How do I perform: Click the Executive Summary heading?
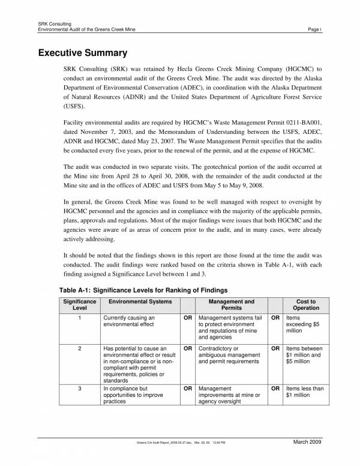click(x=83, y=53)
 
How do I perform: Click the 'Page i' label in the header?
click(x=314, y=29)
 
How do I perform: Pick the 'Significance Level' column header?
click(x=80, y=304)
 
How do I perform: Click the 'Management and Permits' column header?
click(x=231, y=304)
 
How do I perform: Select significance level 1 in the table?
click(x=80, y=318)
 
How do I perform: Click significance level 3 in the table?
click(x=80, y=389)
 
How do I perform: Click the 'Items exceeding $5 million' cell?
click(x=303, y=324)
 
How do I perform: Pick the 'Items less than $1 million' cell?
click(x=305, y=392)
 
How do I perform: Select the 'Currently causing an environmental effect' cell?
click(x=130, y=321)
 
